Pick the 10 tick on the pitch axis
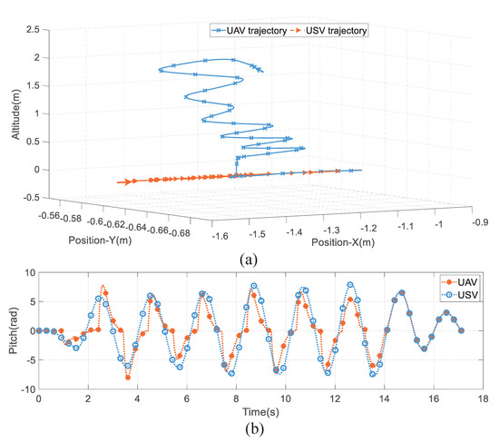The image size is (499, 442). (x=28, y=273)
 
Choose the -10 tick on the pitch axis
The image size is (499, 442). (x=26, y=388)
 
